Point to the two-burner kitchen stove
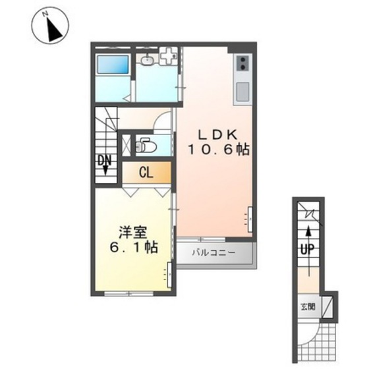click(242, 64)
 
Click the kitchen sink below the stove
click(242, 90)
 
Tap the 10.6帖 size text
click(217, 150)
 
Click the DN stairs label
click(105, 161)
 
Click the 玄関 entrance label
click(308, 307)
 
